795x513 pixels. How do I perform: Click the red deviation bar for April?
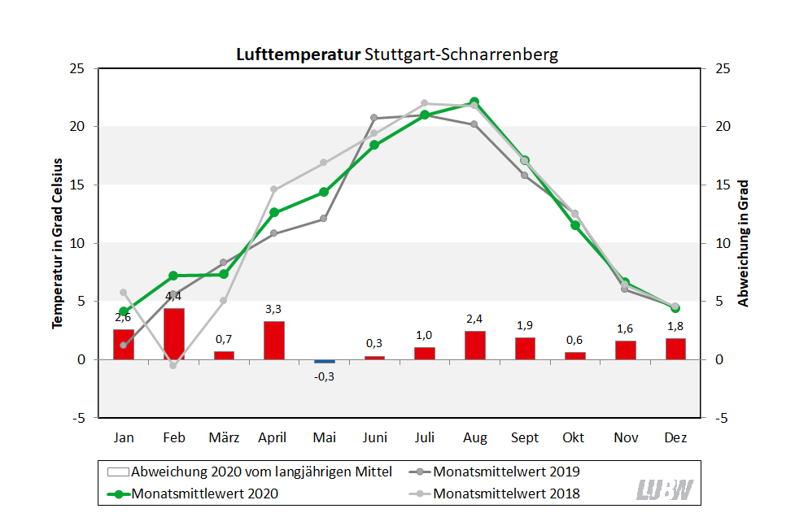pos(274,341)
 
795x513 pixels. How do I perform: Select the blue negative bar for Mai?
pos(324,361)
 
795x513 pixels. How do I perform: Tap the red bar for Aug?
pos(475,346)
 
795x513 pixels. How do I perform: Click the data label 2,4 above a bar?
pos(475,319)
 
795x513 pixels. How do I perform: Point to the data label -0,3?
pos(324,376)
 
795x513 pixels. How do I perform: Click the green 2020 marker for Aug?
pos(474,102)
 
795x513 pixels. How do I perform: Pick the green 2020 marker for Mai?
pos(324,192)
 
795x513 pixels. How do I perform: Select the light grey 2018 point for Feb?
pos(173,365)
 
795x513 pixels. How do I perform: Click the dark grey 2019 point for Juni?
pos(374,118)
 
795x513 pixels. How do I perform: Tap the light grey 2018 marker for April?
pos(274,189)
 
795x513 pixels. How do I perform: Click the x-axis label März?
pos(224,437)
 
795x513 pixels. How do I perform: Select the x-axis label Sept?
pos(525,437)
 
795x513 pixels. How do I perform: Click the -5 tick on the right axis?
pos(721,418)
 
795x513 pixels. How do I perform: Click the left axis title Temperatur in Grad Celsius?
pos(58,243)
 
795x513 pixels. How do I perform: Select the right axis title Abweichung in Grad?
pos(743,243)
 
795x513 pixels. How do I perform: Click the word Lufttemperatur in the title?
pos(299,55)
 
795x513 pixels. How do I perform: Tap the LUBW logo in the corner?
pos(665,489)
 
